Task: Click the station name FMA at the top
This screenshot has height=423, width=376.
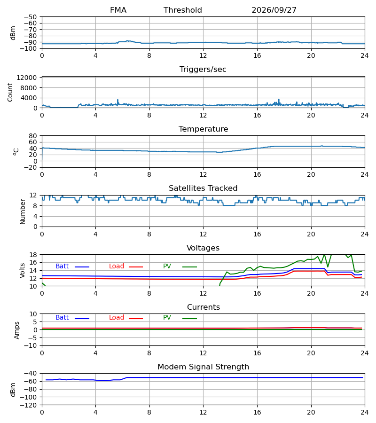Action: click(x=118, y=10)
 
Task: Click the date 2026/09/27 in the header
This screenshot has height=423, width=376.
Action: click(x=274, y=10)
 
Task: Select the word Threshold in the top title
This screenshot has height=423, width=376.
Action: click(x=183, y=10)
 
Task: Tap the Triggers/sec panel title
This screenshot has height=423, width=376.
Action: click(x=203, y=70)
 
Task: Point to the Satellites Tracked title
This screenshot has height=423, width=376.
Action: click(x=203, y=188)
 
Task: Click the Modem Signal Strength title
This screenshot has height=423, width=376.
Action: click(x=204, y=367)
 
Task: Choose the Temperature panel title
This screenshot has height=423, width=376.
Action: click(x=204, y=129)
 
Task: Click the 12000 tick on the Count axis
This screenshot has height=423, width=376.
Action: click(x=27, y=78)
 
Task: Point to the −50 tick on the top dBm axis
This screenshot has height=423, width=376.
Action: click(x=30, y=17)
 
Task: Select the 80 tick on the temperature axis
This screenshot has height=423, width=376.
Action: click(x=33, y=136)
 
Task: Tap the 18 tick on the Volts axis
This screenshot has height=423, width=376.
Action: click(x=33, y=255)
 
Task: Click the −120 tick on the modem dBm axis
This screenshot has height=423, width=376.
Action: click(x=29, y=405)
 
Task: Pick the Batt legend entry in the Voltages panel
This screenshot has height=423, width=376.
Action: click(x=72, y=266)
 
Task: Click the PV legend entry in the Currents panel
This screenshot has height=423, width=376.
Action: click(x=180, y=318)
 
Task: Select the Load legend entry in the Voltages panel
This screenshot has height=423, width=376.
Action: click(x=126, y=266)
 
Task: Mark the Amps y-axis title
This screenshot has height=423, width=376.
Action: click(x=17, y=330)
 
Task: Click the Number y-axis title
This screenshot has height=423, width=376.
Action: click(x=23, y=211)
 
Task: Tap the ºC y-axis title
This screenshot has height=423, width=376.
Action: click(x=16, y=152)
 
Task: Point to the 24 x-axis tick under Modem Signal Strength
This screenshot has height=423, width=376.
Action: click(x=365, y=413)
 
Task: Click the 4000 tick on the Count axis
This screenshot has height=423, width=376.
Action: click(x=29, y=98)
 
